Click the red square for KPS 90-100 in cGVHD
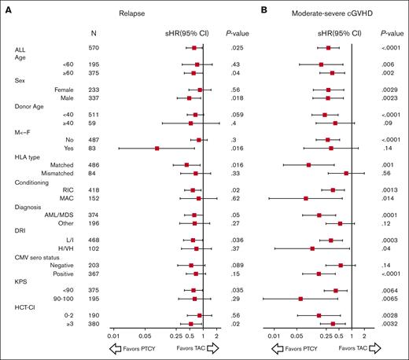coord(300,299)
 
